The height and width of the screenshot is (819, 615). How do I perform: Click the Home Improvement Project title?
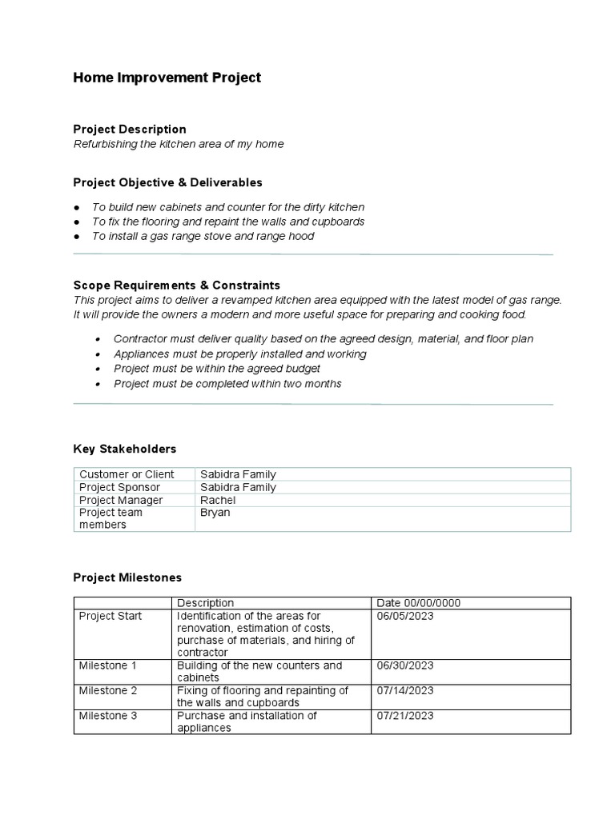(167, 78)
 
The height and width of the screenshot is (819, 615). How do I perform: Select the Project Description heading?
(130, 129)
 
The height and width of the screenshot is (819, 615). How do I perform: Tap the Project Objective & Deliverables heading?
(167, 182)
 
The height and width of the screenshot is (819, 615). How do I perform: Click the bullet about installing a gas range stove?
(203, 236)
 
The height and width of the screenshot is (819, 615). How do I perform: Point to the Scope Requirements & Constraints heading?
(176, 285)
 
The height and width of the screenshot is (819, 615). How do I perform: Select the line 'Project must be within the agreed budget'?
(216, 369)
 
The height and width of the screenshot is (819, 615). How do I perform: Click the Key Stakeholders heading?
(124, 449)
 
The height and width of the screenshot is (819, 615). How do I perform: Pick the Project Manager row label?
(121, 500)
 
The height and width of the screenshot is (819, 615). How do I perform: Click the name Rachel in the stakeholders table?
(218, 500)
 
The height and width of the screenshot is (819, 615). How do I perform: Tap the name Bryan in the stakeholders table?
(215, 513)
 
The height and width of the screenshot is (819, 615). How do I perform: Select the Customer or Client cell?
(127, 474)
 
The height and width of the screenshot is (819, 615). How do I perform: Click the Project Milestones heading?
(127, 577)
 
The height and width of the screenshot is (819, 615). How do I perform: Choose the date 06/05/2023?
(404, 616)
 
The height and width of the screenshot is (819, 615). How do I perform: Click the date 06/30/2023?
(404, 665)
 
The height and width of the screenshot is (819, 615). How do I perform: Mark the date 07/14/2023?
(404, 690)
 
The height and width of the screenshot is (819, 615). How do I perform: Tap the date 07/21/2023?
(404, 715)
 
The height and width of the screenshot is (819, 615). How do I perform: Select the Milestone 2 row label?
(108, 690)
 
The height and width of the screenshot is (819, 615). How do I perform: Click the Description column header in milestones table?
(206, 603)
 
